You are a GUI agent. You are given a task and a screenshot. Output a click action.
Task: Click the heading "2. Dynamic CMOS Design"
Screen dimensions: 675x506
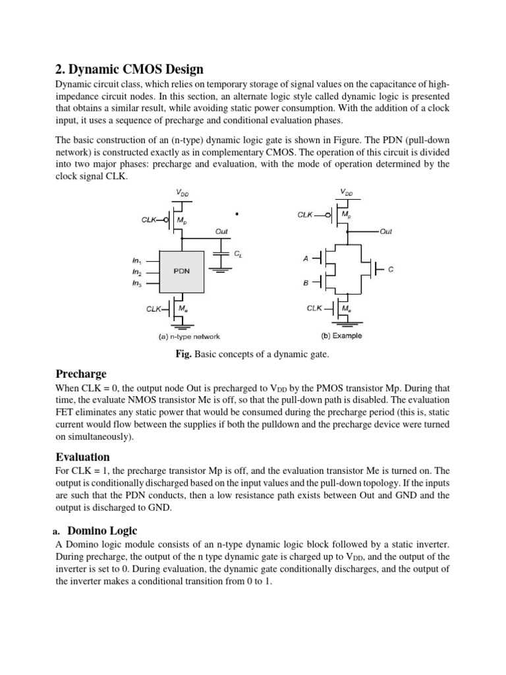click(x=129, y=69)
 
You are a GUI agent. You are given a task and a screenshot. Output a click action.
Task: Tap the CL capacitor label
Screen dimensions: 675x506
click(x=238, y=253)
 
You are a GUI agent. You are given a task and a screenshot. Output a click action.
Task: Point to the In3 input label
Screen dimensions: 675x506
click(x=137, y=283)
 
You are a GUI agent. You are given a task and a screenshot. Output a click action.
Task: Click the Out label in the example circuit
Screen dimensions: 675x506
click(x=385, y=231)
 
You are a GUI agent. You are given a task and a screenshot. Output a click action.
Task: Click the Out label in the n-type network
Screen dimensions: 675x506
click(x=222, y=231)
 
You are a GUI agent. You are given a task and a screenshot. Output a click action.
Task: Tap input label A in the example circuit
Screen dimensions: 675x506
click(x=306, y=259)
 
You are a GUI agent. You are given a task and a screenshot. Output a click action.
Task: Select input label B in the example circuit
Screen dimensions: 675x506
click(x=306, y=283)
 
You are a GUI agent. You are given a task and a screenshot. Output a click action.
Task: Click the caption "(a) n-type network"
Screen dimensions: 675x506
click(x=180, y=336)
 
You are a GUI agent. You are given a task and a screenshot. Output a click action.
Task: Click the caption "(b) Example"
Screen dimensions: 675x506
click(x=341, y=336)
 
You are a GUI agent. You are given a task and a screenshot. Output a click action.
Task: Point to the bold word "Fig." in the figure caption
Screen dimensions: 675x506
click(x=183, y=355)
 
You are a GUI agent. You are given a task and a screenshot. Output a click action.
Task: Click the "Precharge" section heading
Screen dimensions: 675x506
click(x=80, y=374)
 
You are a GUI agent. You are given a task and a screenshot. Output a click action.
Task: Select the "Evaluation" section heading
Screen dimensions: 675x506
click(x=82, y=457)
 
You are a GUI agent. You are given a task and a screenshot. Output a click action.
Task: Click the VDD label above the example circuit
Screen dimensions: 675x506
click(x=346, y=192)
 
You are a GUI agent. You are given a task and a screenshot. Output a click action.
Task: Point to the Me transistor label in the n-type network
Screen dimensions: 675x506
click(x=183, y=308)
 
